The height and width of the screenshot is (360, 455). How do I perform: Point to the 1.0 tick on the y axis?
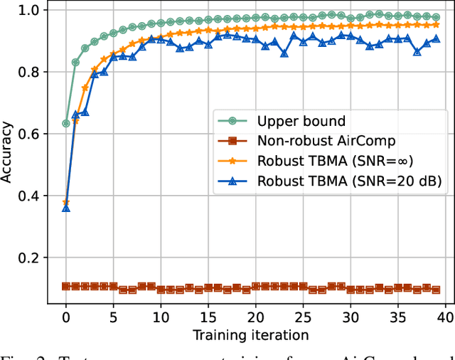click(x=32, y=10)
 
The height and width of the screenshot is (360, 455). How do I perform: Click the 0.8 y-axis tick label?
click(x=32, y=72)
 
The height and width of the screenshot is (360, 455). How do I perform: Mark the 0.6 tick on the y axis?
click(x=32, y=134)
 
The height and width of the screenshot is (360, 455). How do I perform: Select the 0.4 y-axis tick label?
click(x=32, y=196)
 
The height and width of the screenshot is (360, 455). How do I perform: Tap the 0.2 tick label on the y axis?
click(x=32, y=258)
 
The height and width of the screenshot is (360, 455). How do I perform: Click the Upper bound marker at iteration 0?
click(x=66, y=123)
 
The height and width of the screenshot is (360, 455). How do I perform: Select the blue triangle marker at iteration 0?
click(x=66, y=208)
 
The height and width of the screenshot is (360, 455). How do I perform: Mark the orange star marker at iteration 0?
click(x=66, y=202)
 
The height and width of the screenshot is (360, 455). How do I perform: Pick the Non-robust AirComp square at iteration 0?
click(x=66, y=286)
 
